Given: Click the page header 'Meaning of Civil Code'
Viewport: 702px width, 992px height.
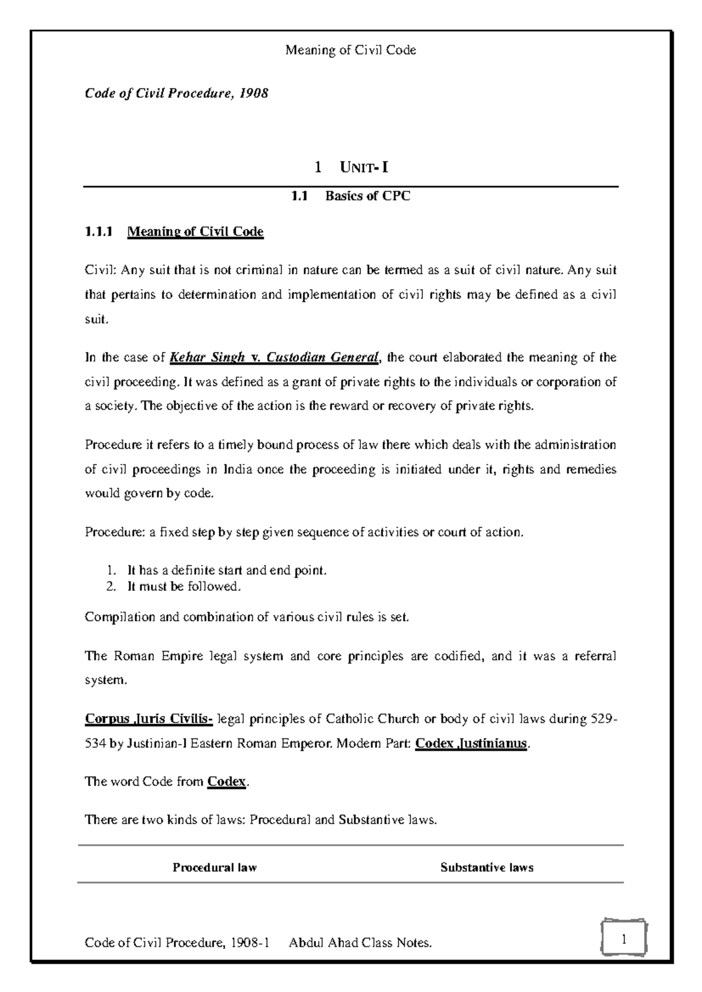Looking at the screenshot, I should [350, 50].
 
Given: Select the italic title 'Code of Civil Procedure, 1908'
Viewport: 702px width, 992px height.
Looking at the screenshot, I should [176, 93].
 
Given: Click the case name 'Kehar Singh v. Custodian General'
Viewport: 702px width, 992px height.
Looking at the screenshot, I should [275, 357].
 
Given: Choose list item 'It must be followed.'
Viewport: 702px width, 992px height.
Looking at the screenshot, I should [184, 587].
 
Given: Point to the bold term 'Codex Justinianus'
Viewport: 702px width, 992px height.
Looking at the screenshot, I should [471, 744].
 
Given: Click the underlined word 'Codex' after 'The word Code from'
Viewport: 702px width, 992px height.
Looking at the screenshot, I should [226, 782].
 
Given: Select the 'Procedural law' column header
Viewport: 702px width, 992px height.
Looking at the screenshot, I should [214, 867].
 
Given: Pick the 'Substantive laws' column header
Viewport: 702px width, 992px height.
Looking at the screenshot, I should [486, 867].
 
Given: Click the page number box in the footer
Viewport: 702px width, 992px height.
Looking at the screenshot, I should [624, 941].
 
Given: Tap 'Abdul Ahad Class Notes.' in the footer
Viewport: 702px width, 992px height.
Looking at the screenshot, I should [360, 943].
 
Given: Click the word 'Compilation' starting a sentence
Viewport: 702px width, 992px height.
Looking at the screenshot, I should [115, 618].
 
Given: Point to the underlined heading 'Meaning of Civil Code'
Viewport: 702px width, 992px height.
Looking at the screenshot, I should [195, 232].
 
